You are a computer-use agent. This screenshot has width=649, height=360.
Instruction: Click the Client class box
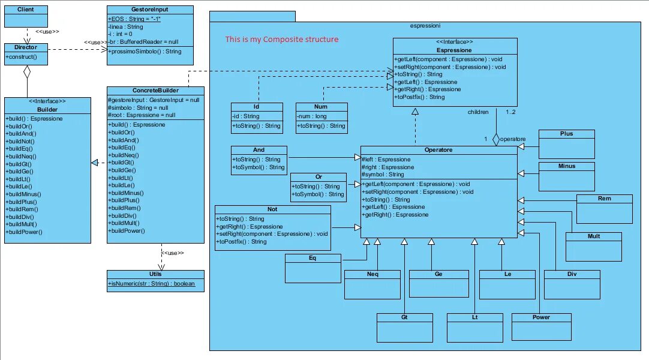pyautogui.click(x=25, y=16)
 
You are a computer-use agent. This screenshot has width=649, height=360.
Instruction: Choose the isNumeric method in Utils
pyautogui.click(x=151, y=283)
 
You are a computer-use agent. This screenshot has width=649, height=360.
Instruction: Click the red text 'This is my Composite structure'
pyautogui.click(x=282, y=40)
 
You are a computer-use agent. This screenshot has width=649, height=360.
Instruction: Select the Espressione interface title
pyautogui.click(x=454, y=50)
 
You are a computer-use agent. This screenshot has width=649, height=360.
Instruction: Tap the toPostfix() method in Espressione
pyautogui.click(x=420, y=97)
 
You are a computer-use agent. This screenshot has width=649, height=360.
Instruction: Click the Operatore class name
pyautogui.click(x=438, y=149)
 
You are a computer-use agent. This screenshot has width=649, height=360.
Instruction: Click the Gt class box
pyautogui.click(x=404, y=325)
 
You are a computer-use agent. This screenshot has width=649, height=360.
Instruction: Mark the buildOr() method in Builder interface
pyautogui.click(x=22, y=126)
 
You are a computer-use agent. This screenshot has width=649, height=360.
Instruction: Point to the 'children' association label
pyautogui.click(x=478, y=112)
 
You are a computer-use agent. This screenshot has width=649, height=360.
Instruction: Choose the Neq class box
pyautogui.click(x=372, y=284)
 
